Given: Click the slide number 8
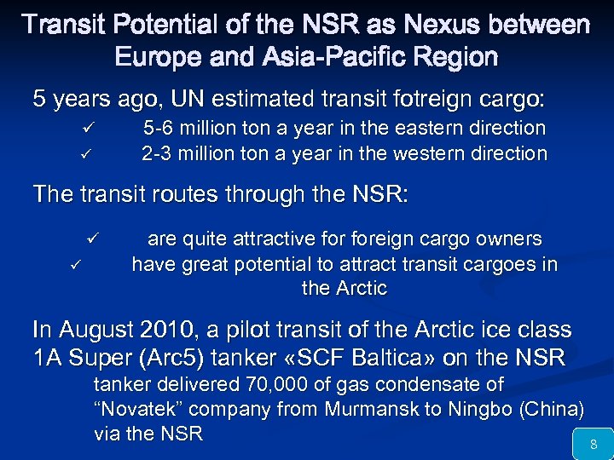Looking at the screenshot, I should pos(594,443).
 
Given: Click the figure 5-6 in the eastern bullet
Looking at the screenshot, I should pos(159,129).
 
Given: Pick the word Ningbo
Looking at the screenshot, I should pos(474,410).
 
